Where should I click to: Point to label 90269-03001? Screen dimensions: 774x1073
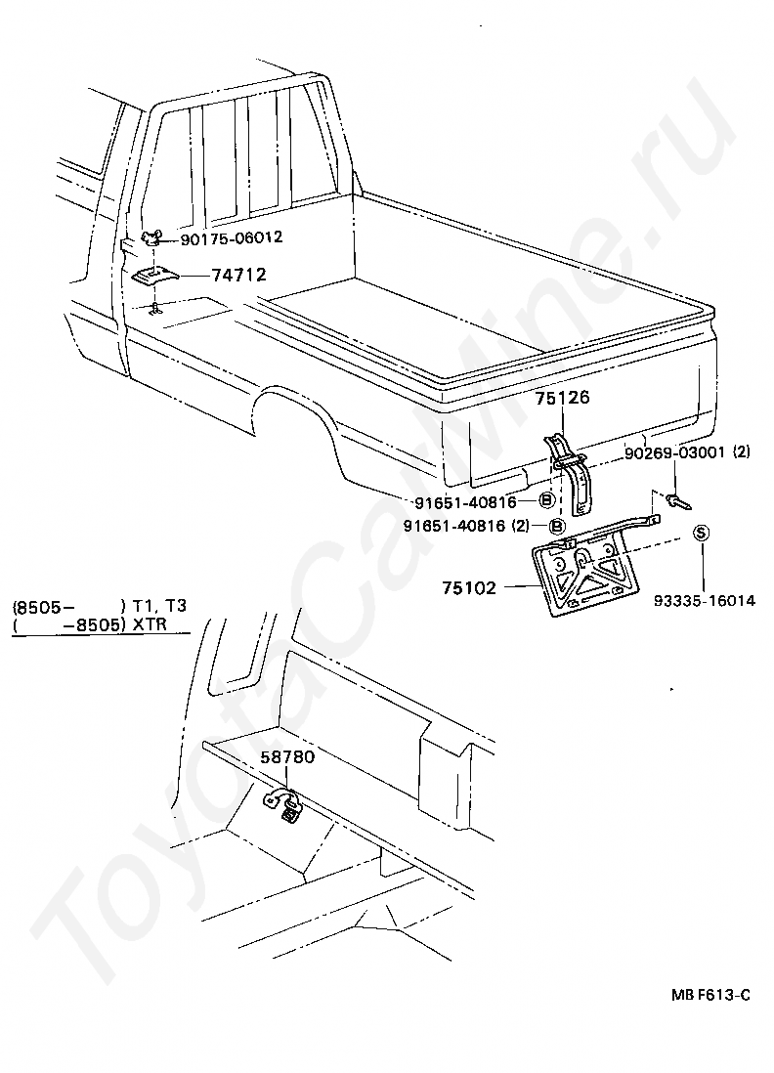[x=675, y=451]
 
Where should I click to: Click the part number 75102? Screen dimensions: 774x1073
[x=469, y=588]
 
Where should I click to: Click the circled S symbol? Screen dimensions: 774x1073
[x=702, y=533]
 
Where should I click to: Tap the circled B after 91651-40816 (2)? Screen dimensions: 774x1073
[x=557, y=526]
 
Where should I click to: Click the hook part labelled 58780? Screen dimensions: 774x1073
[x=285, y=805]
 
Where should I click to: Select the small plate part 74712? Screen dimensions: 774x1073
[x=153, y=278]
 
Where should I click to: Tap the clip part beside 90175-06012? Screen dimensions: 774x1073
[x=152, y=236]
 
